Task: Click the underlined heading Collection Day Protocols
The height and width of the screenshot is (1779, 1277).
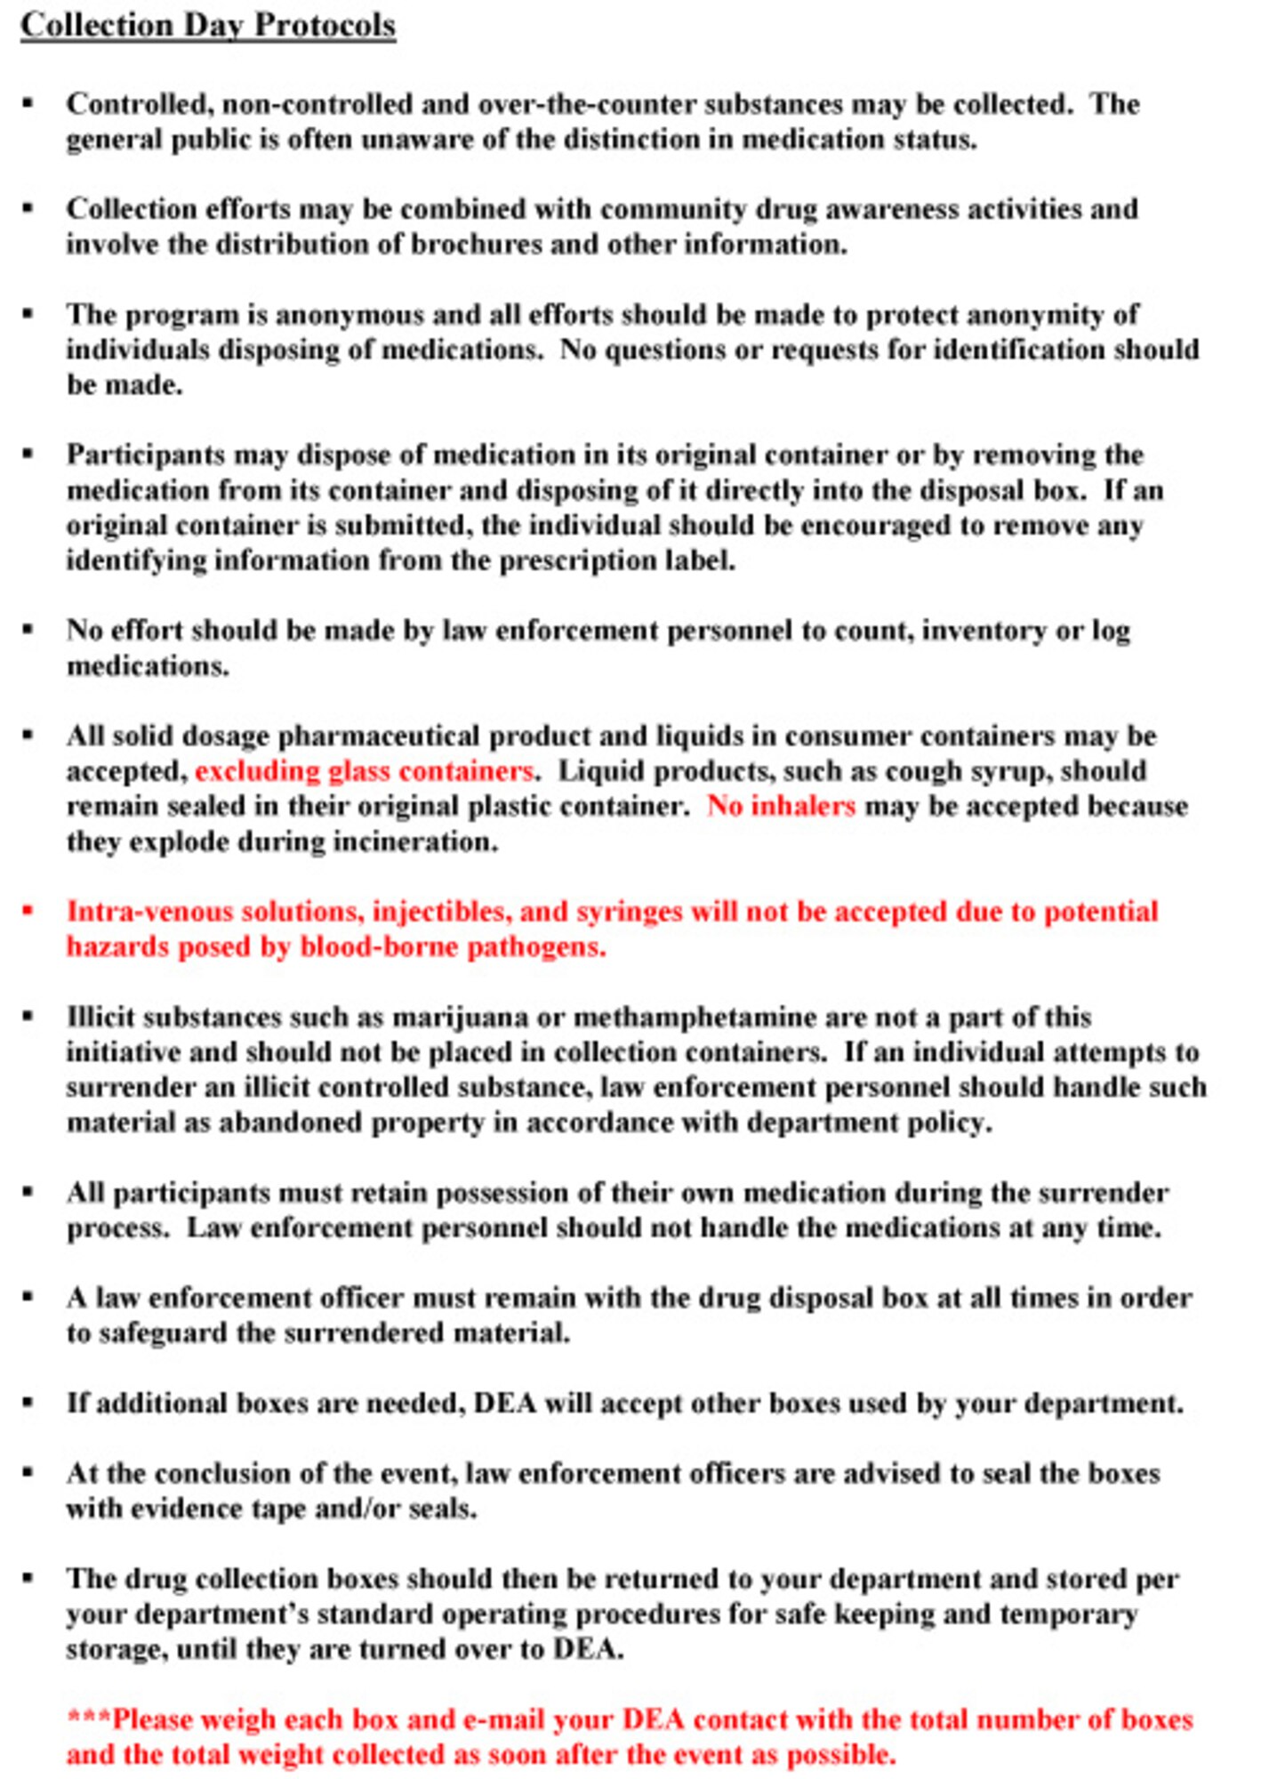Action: click(x=208, y=25)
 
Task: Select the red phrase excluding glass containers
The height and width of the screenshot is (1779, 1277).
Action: click(x=364, y=771)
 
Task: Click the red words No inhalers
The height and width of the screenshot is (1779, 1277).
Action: click(x=781, y=806)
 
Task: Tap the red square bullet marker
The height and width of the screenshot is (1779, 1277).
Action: click(x=28, y=911)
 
